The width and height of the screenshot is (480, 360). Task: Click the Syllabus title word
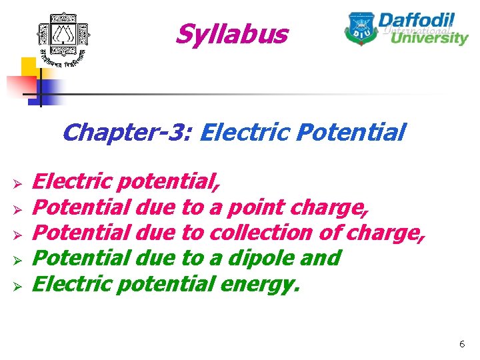231,35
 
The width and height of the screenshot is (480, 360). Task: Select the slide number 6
461,344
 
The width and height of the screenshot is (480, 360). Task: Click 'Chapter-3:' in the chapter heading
127,132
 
